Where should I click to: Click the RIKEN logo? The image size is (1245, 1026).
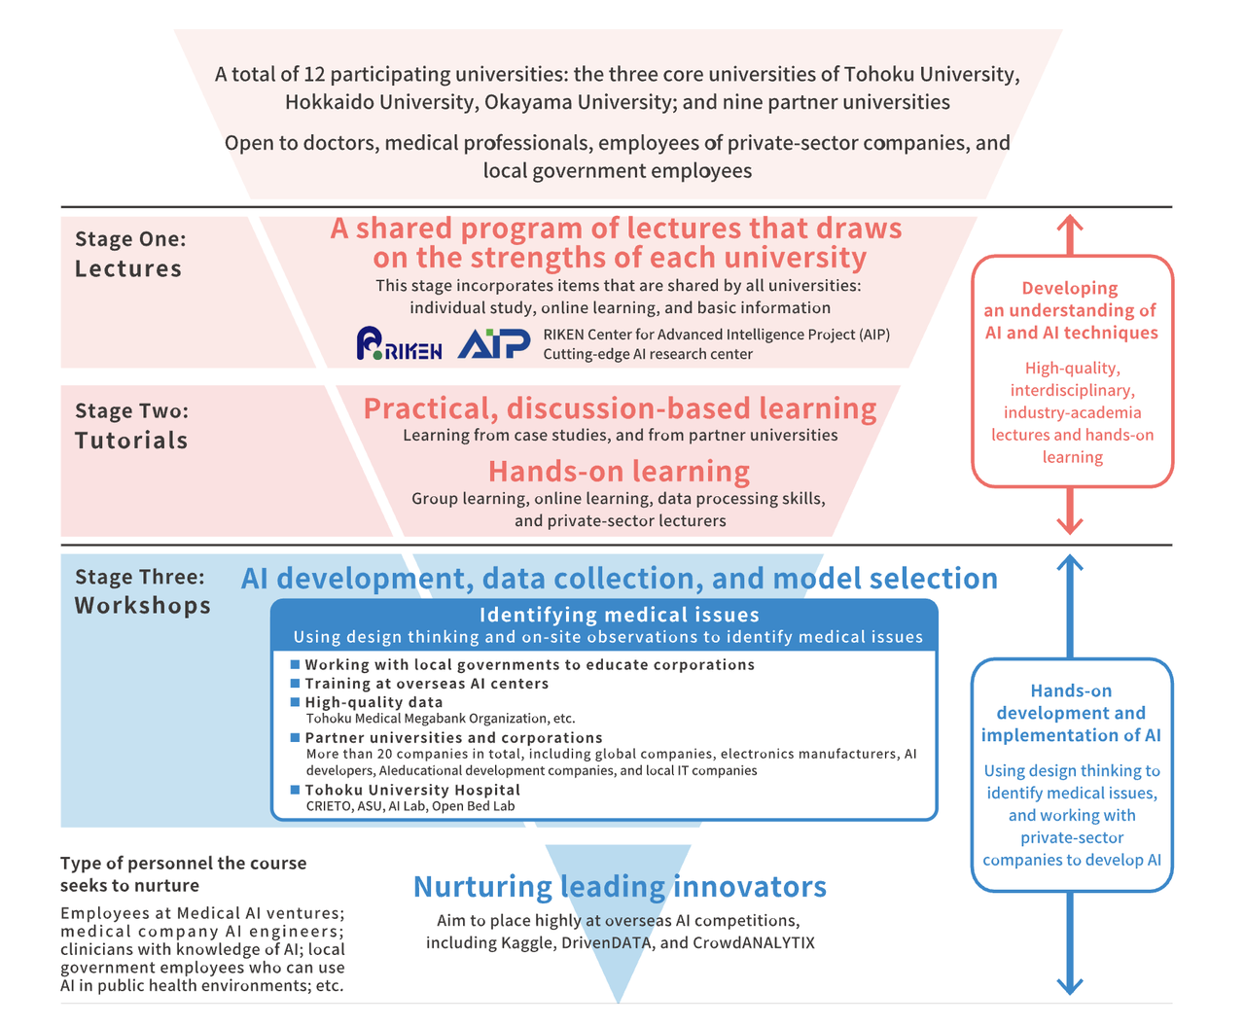399,344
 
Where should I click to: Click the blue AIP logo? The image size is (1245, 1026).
493,343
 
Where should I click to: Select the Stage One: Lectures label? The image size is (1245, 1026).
129,254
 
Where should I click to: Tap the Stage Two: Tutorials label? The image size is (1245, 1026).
131,426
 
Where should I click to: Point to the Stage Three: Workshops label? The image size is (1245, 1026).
142,591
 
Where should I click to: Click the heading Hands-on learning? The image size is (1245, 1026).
619,472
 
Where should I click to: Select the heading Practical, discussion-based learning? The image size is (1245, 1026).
620,408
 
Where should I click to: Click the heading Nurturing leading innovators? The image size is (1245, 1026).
620,887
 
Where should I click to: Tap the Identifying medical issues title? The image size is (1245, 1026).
619,615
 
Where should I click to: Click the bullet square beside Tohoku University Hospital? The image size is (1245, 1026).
296,789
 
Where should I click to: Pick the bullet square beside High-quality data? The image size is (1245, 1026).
296,701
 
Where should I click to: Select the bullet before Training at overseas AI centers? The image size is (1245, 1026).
296,683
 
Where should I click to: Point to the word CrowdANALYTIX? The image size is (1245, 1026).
754,942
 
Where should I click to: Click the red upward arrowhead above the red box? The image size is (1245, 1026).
1070,224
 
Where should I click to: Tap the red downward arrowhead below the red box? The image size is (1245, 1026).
1070,524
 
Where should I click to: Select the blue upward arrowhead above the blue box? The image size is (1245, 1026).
1070,565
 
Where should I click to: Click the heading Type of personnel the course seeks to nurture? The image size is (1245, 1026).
183,874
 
